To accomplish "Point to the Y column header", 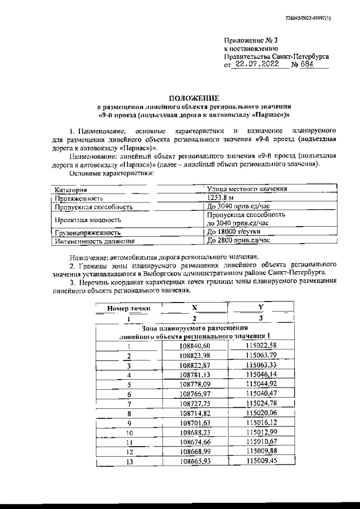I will [261, 308].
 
